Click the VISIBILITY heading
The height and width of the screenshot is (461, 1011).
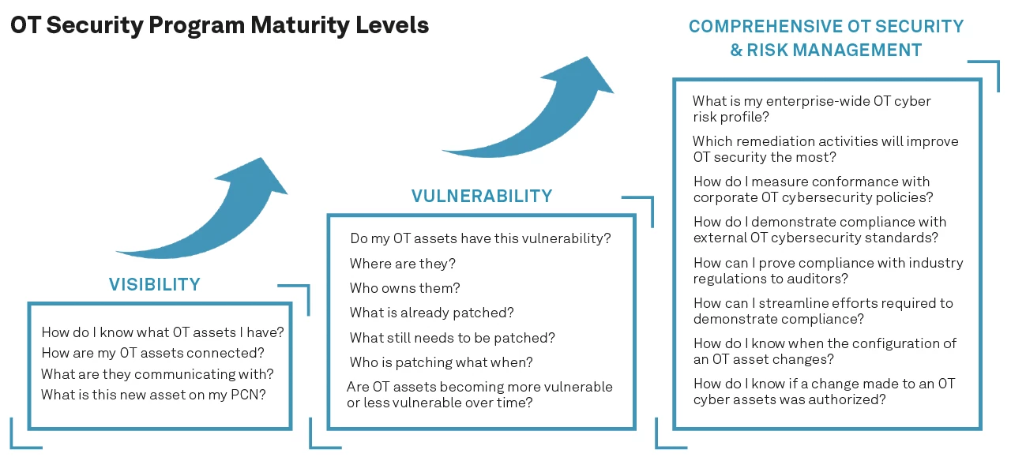(154, 285)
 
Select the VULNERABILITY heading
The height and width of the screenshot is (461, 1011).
(481, 196)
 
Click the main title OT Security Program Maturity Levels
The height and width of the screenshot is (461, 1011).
(220, 25)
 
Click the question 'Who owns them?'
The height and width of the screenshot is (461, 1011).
(404, 288)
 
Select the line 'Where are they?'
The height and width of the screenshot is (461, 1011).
(402, 263)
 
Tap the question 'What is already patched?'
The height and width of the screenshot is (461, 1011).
(431, 313)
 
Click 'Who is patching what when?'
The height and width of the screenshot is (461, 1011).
(441, 362)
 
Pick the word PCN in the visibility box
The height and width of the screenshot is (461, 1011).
(250, 394)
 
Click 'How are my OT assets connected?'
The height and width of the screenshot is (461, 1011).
(152, 353)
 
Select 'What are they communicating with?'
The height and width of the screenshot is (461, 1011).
(157, 373)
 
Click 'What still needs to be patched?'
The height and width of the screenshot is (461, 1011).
(452, 338)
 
